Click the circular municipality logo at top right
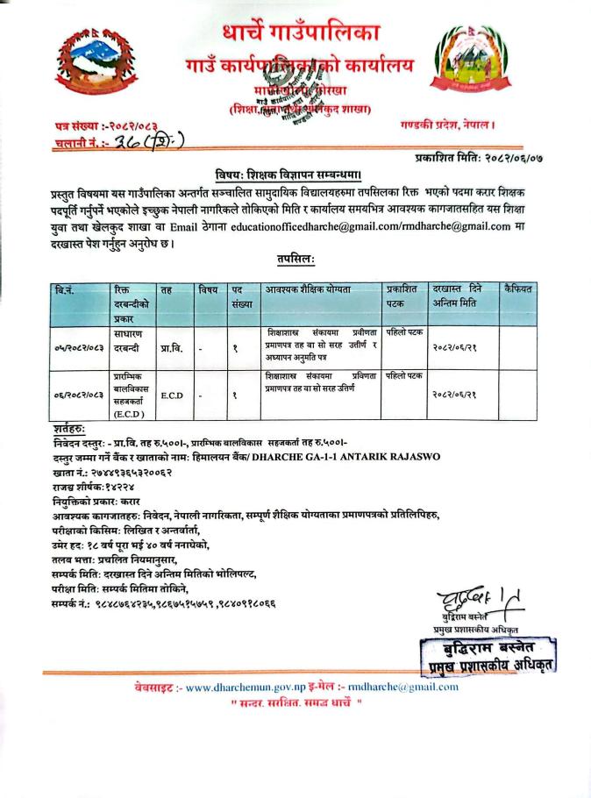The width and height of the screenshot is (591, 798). click(471, 66)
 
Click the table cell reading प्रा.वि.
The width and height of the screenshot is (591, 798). click(170, 348)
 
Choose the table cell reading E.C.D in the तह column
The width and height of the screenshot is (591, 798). click(171, 395)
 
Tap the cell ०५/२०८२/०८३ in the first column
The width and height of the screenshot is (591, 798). click(81, 349)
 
